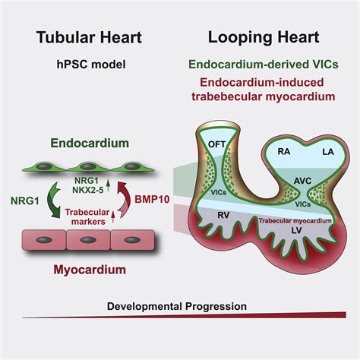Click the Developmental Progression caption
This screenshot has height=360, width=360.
point(177,306)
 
